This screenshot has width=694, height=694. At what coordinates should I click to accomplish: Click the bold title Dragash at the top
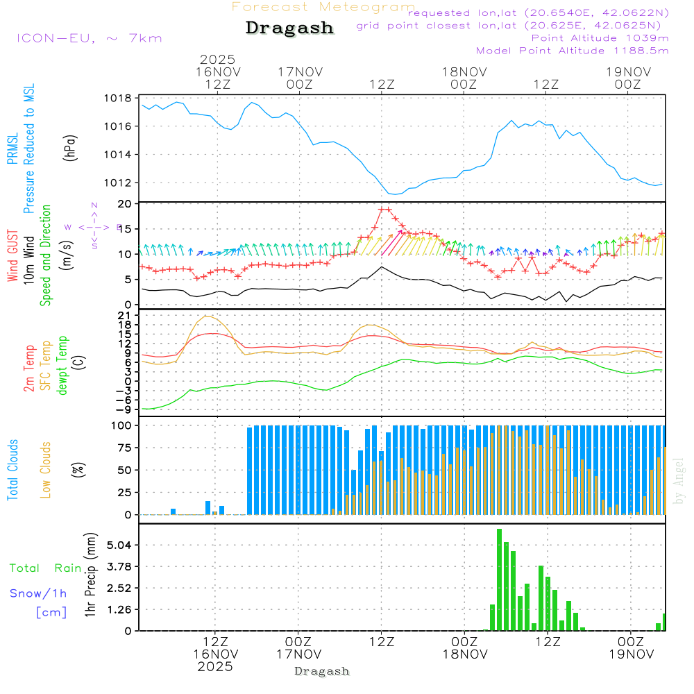[x=289, y=28]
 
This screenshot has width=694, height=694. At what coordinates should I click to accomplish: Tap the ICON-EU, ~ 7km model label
[x=89, y=38]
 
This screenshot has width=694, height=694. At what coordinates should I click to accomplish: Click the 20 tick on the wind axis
[x=125, y=204]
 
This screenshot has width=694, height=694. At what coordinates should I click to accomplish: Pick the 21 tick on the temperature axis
[x=126, y=316]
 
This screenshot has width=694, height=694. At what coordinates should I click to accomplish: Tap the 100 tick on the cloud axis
[x=122, y=425]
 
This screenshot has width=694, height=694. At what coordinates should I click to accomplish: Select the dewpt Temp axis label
[x=63, y=366]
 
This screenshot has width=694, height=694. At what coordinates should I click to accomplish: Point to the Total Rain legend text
[x=45, y=568]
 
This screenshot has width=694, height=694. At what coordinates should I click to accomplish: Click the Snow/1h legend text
[x=38, y=594]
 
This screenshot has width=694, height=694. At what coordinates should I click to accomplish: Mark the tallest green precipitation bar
[x=499, y=579]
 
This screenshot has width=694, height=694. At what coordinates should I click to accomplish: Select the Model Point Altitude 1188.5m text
[x=573, y=51]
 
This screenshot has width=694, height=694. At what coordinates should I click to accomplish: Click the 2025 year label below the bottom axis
[x=215, y=666]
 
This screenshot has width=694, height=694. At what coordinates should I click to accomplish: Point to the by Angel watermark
[x=679, y=480]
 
